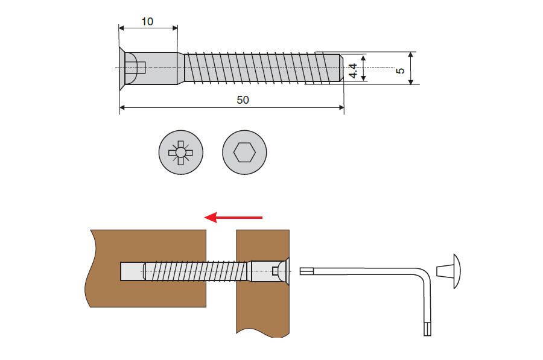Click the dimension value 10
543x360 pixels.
[147, 21]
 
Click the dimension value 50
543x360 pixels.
[243, 99]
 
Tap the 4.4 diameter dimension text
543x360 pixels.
[354, 68]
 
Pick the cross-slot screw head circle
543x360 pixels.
[180, 153]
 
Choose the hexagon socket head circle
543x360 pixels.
[244, 153]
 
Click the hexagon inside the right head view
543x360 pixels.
[244, 153]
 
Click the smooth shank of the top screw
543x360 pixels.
[160, 68]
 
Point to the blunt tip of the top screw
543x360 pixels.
[340, 68]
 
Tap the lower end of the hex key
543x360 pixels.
[427, 329]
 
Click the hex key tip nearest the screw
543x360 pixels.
[305, 271]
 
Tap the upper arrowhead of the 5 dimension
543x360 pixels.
[410, 55]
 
